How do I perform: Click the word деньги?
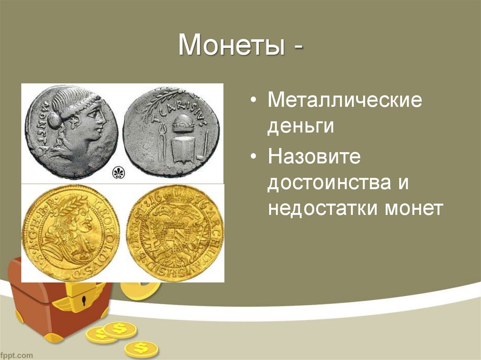(301, 127)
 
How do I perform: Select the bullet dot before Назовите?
(254, 157)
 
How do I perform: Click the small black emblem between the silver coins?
(117, 174)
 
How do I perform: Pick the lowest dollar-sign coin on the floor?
(140, 349)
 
